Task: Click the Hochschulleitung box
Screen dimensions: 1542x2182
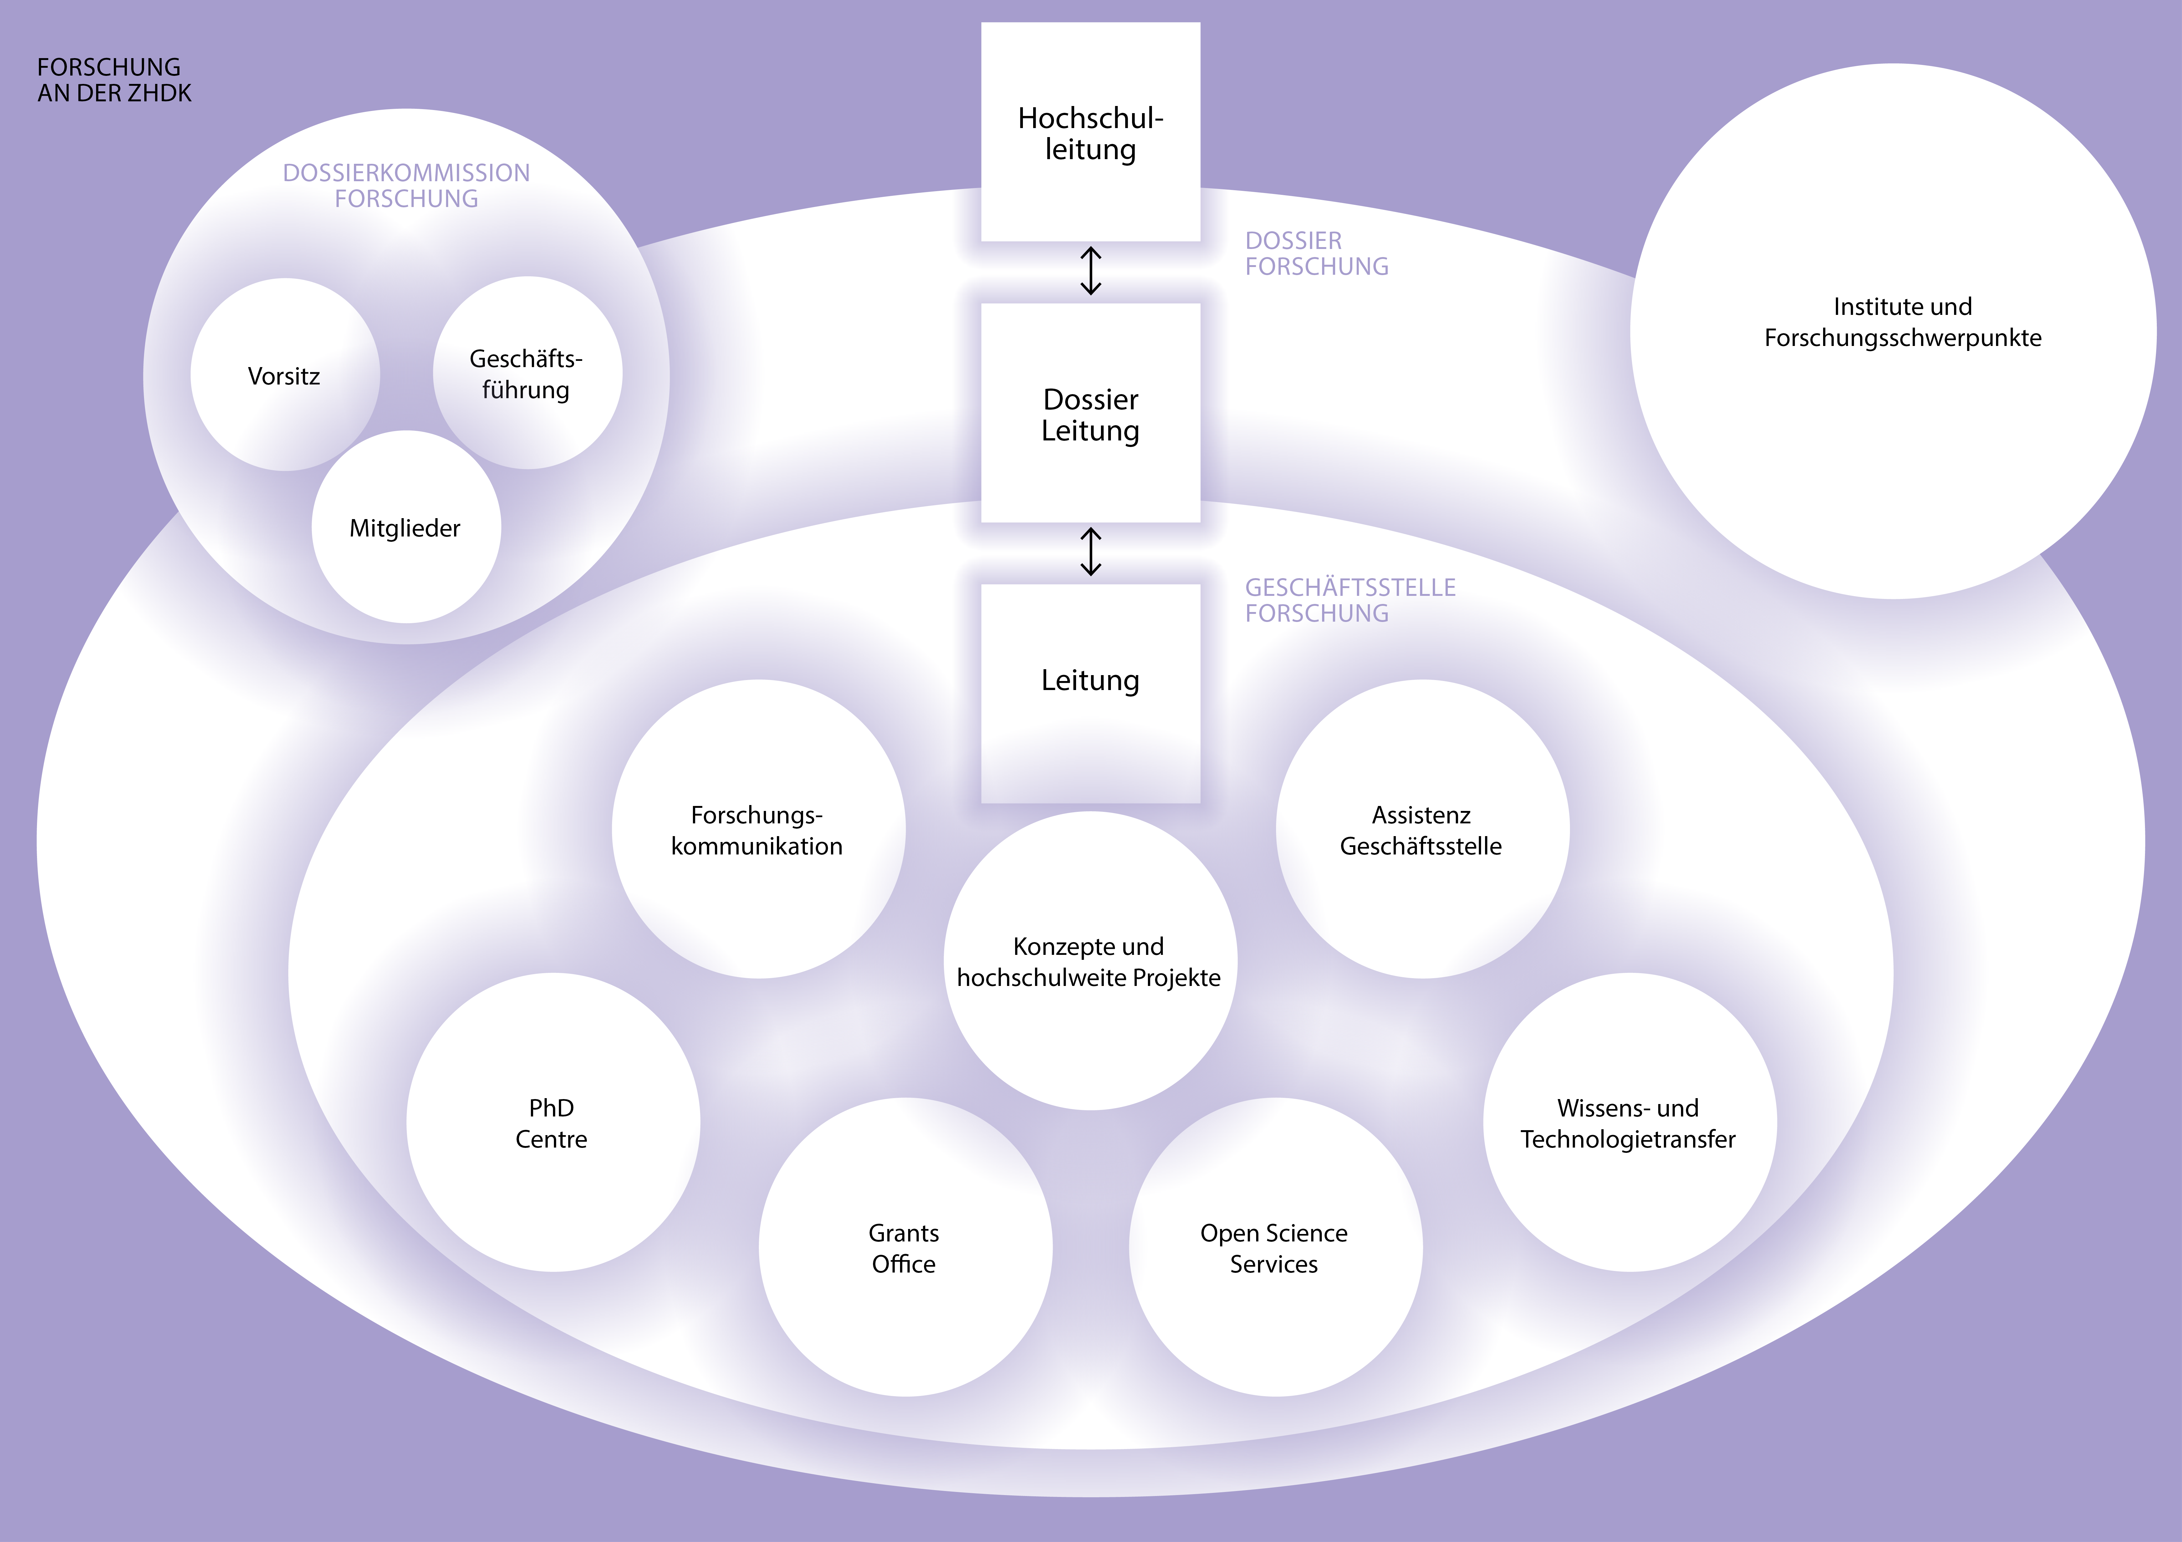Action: (1090, 133)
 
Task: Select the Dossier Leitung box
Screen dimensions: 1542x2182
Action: (1090, 414)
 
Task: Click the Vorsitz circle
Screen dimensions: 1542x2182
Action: (284, 375)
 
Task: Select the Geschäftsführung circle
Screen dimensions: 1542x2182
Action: (527, 373)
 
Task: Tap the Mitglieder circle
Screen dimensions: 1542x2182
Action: (406, 527)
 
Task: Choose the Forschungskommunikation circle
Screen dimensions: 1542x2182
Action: (757, 829)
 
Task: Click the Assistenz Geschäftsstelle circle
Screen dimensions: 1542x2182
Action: (1422, 829)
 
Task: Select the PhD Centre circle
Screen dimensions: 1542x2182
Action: (552, 1123)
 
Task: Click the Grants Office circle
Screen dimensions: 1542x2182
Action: (905, 1247)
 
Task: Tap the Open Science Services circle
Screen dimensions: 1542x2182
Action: (1274, 1247)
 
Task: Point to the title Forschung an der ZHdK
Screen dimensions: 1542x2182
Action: (114, 80)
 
